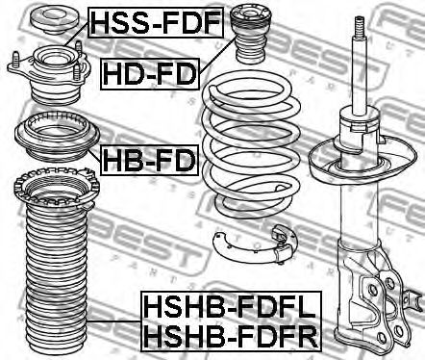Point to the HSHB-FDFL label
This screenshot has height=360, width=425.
point(229,310)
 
